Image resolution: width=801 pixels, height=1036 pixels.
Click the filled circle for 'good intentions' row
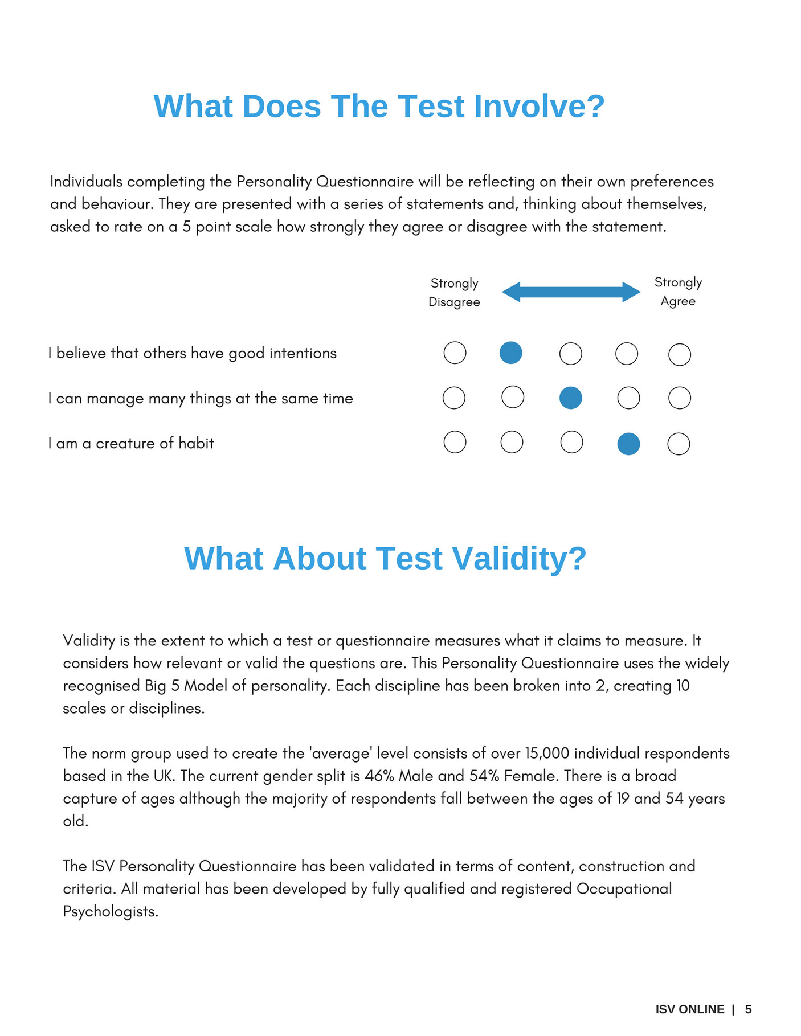[x=510, y=353]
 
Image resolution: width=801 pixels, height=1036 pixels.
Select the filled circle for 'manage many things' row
[x=570, y=398]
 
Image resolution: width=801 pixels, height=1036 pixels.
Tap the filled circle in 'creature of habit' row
[x=628, y=444]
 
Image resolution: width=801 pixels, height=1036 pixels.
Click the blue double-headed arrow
[x=571, y=292]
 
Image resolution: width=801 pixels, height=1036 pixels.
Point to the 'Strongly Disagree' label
[x=454, y=292]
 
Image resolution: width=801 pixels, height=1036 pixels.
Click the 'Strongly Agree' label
[x=678, y=292]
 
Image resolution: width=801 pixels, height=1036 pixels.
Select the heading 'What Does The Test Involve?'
[x=379, y=107]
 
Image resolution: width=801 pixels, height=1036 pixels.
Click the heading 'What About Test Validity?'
[x=385, y=558]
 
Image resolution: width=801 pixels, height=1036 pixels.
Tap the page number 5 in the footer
[x=748, y=1009]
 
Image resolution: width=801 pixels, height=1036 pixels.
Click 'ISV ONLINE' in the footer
[x=689, y=1009]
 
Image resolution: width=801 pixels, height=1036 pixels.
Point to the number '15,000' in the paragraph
[x=547, y=754]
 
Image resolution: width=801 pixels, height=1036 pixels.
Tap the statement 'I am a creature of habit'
[x=131, y=443]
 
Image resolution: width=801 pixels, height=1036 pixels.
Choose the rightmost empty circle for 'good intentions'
[x=679, y=354]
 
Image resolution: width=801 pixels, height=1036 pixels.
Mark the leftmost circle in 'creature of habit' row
[x=455, y=442]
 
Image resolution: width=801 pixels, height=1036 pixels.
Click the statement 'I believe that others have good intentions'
[x=193, y=353]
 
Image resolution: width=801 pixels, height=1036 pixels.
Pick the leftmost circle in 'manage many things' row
[x=454, y=398]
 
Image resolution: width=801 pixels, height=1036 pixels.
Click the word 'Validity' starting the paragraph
[x=89, y=641]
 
